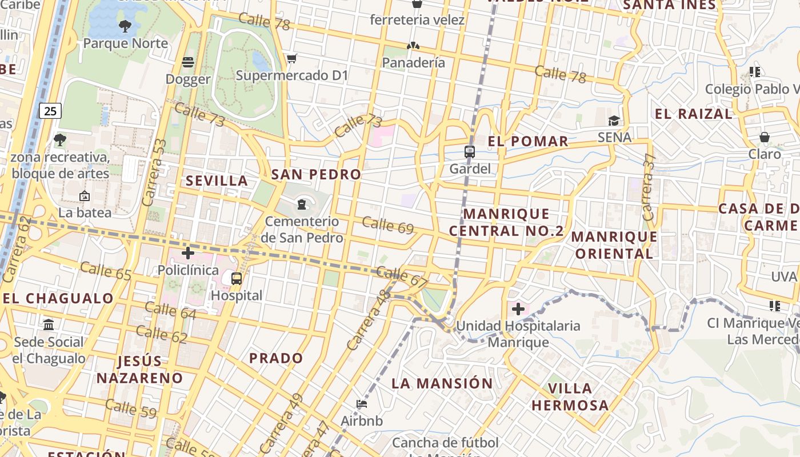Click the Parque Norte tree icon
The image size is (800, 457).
(125, 26)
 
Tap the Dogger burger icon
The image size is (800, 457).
(188, 62)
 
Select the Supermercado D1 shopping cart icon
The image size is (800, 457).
(292, 58)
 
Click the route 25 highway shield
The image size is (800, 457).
(50, 110)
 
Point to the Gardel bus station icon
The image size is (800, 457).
(470, 152)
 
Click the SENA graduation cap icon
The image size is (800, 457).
(614, 121)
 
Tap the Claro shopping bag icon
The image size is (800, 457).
(765, 137)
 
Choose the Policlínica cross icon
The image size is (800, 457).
(188, 252)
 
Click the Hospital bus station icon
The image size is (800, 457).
(237, 279)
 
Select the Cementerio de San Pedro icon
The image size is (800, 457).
(302, 204)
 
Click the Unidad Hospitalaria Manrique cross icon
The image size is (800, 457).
(518, 309)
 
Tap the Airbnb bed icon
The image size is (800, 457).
(362, 404)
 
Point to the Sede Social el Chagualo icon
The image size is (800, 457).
(49, 325)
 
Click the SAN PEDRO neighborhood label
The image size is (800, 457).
(316, 174)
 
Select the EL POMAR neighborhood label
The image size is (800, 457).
(529, 141)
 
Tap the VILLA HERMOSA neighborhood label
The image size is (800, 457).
(570, 396)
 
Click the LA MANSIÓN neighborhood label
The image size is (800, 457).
(442, 383)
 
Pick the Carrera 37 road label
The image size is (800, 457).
(648, 187)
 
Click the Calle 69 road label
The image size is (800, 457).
(388, 225)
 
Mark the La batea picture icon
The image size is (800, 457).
(85, 196)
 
